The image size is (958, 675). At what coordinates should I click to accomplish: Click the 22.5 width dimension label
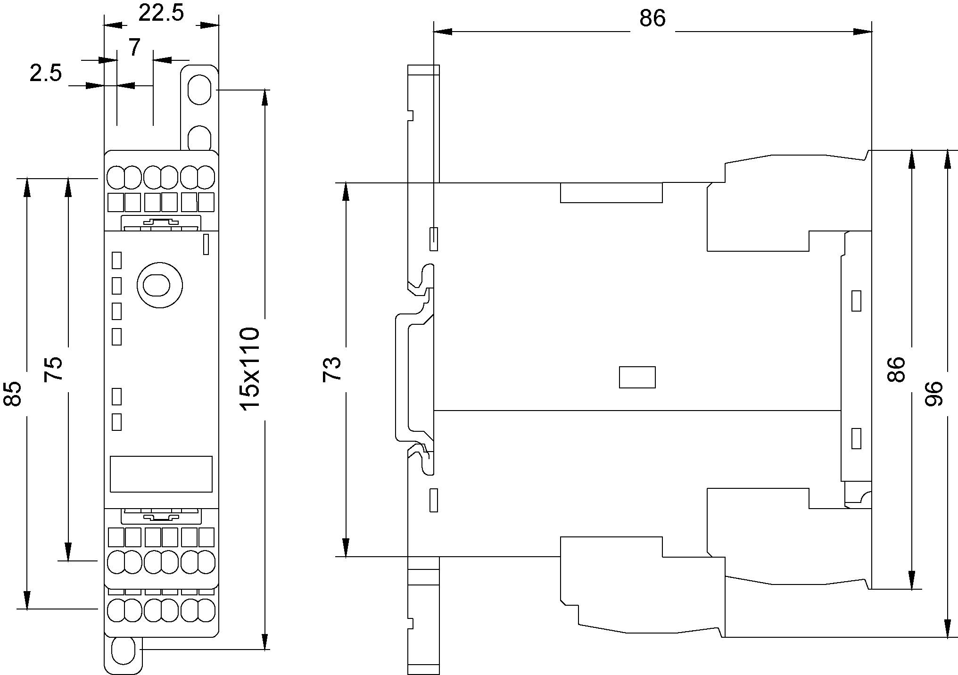pos(161,13)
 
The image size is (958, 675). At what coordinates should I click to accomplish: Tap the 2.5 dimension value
pos(46,74)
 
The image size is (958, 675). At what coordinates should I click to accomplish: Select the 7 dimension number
pos(135,48)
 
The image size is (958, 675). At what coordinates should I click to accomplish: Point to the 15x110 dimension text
pos(249,369)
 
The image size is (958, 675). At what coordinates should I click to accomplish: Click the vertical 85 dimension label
pos(13,394)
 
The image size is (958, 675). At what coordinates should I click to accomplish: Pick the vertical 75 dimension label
pos(53,369)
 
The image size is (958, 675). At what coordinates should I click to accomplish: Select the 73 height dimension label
pos(332,369)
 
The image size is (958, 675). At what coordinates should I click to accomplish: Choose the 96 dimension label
pos(933,394)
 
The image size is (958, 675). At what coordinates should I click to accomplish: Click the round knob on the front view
pos(160,285)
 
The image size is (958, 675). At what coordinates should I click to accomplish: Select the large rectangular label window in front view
pos(161,474)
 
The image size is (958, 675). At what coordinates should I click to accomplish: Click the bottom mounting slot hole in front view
pos(124,650)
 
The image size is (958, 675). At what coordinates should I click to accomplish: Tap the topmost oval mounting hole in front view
pos(199,89)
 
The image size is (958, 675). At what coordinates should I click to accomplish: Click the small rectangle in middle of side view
pos(637,377)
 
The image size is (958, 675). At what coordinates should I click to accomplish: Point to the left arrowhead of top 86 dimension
pos(442,32)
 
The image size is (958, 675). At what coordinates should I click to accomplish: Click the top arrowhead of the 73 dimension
pos(346,191)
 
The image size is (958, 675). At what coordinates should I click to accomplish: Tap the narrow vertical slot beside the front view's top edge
pos(206,244)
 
